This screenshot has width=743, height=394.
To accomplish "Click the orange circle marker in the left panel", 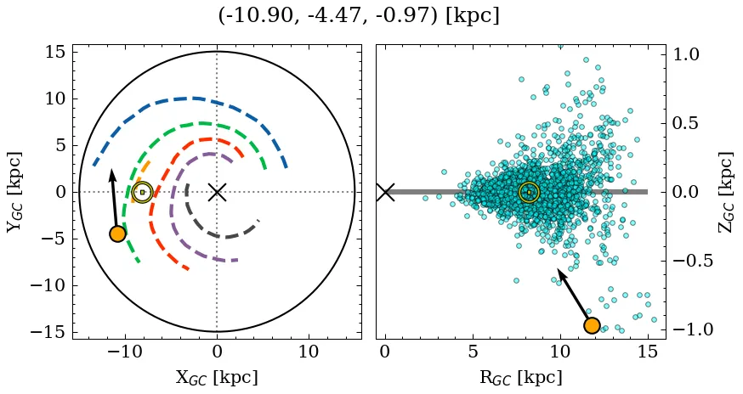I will point(117,234).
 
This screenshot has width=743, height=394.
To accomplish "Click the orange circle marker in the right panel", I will point(592,325).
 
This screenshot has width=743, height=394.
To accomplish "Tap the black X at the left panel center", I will point(217,192).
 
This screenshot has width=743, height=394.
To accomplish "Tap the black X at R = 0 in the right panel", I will point(385,192).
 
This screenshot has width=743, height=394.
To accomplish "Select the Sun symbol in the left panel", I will point(142,192).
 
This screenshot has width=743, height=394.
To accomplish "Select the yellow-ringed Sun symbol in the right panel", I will point(529,192).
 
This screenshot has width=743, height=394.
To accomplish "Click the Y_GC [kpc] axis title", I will point(14,192).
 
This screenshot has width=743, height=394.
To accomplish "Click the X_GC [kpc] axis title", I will point(217,378).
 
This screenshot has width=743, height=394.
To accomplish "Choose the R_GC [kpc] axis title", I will point(521,378).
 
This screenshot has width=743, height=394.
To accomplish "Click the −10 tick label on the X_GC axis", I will point(123,352).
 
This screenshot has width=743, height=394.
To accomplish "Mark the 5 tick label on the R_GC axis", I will point(473,352).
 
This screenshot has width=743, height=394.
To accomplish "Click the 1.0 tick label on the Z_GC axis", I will point(699,54).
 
